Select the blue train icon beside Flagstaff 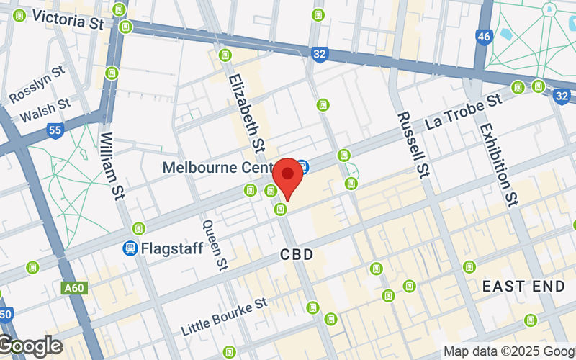(x=130, y=248)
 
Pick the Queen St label (x=215, y=245)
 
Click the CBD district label (x=298, y=255)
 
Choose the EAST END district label (x=523, y=286)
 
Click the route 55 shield (x=54, y=130)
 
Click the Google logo (x=30, y=346)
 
